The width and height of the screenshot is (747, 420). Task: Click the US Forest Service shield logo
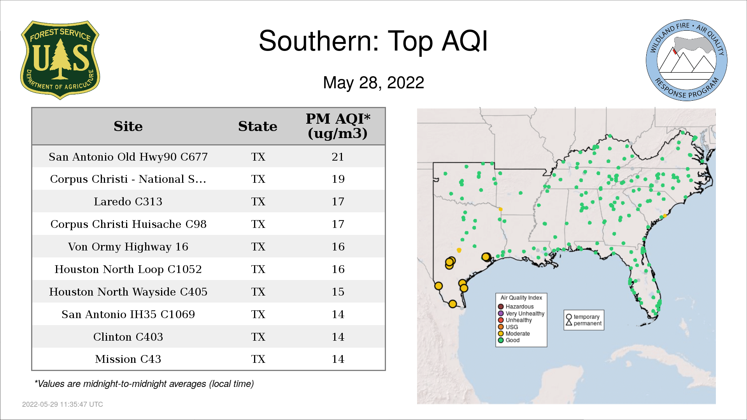[60, 60]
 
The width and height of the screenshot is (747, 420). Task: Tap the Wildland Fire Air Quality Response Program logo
[687, 60]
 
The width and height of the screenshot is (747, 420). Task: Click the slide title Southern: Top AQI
[373, 41]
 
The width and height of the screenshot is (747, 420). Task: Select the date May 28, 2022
[373, 82]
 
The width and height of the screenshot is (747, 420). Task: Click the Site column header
[128, 126]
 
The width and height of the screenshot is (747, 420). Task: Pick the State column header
[258, 126]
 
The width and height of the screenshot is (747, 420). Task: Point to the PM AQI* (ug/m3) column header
[338, 126]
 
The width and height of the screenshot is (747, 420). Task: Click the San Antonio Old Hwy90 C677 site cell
[128, 157]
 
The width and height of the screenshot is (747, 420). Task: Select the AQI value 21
[338, 157]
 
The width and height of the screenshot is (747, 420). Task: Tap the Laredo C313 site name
[128, 201]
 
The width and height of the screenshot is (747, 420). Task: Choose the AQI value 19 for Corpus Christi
[338, 179]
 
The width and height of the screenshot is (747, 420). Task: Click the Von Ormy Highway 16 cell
[128, 247]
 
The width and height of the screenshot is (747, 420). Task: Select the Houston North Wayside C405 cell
[128, 292]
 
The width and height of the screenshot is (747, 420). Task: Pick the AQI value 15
[338, 292]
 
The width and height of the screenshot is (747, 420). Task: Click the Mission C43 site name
[128, 359]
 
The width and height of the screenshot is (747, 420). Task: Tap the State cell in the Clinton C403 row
[258, 337]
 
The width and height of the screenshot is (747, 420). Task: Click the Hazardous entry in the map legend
[516, 306]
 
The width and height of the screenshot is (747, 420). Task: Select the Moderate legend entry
[514, 333]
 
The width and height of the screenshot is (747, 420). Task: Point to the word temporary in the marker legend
[586, 317]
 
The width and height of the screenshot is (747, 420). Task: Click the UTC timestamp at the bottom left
[63, 404]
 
